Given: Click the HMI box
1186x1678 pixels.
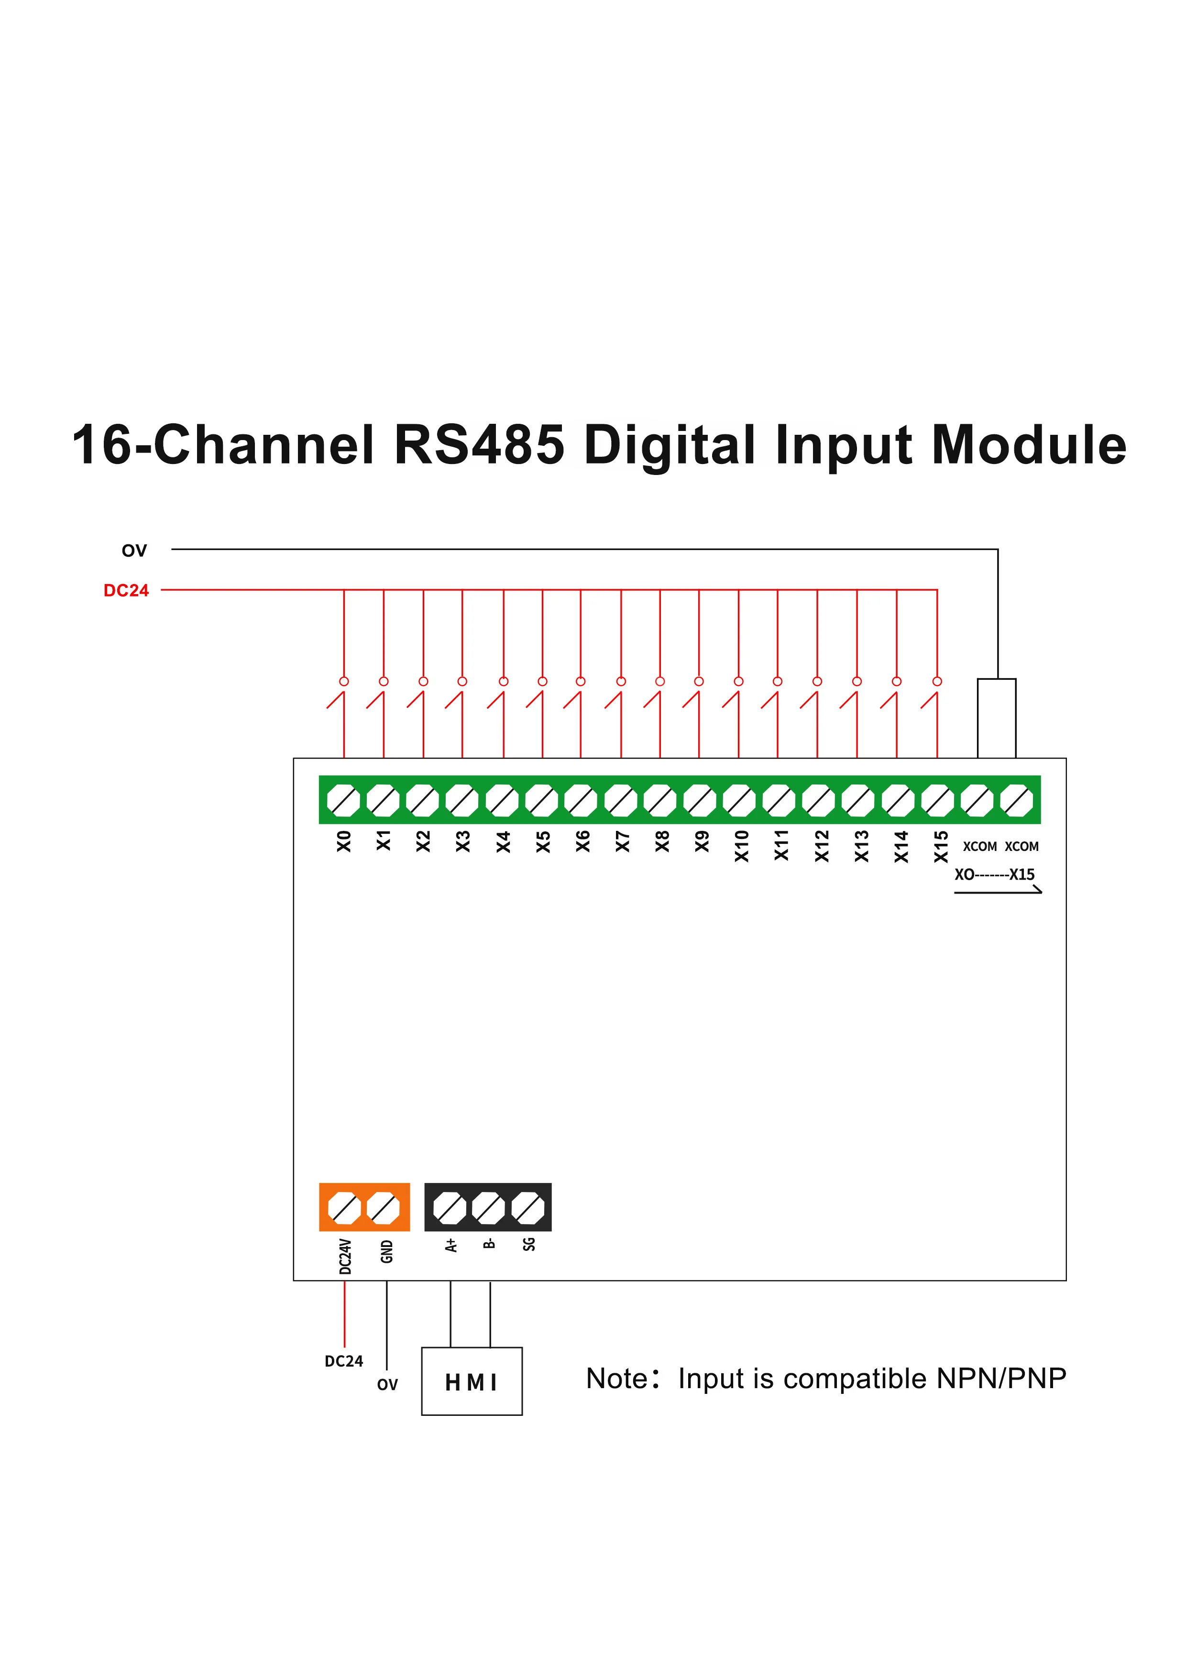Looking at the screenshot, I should [472, 1381].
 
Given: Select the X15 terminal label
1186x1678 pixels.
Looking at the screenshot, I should [941, 846].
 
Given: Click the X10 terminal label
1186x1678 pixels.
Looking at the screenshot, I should [741, 846].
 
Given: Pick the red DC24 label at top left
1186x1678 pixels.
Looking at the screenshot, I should [126, 591].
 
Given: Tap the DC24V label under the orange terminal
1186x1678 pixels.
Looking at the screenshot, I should [346, 1256].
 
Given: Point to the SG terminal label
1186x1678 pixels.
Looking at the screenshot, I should [529, 1244].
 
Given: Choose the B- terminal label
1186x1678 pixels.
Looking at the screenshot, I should [490, 1243].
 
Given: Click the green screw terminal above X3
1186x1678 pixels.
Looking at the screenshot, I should [462, 800].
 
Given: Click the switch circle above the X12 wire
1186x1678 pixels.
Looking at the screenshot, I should [817, 681].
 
